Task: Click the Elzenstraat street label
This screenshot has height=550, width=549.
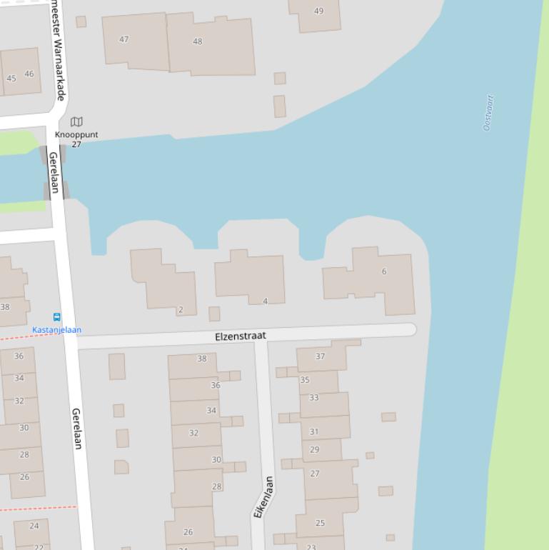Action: [241, 336]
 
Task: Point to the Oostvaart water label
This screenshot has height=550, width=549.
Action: [489, 112]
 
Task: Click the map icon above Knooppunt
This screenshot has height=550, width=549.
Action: [76, 122]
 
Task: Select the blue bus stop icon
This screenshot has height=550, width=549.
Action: [56, 317]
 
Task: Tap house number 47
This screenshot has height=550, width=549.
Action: [124, 39]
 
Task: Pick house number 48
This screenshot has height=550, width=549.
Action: [198, 41]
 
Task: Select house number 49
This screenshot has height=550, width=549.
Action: [318, 11]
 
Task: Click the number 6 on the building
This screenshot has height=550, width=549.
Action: [384, 271]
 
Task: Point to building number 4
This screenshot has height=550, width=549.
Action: [265, 301]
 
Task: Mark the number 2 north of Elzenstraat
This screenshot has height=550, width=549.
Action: [181, 309]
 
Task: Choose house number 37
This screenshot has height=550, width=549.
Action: [320, 356]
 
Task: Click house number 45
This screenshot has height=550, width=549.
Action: [11, 78]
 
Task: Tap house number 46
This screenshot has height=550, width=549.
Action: [29, 74]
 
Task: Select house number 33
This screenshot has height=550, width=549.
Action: [314, 398]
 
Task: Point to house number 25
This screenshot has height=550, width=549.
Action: [320, 523]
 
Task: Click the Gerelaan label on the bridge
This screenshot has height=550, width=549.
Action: [54, 171]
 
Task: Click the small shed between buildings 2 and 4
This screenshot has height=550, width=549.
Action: [214, 314]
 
